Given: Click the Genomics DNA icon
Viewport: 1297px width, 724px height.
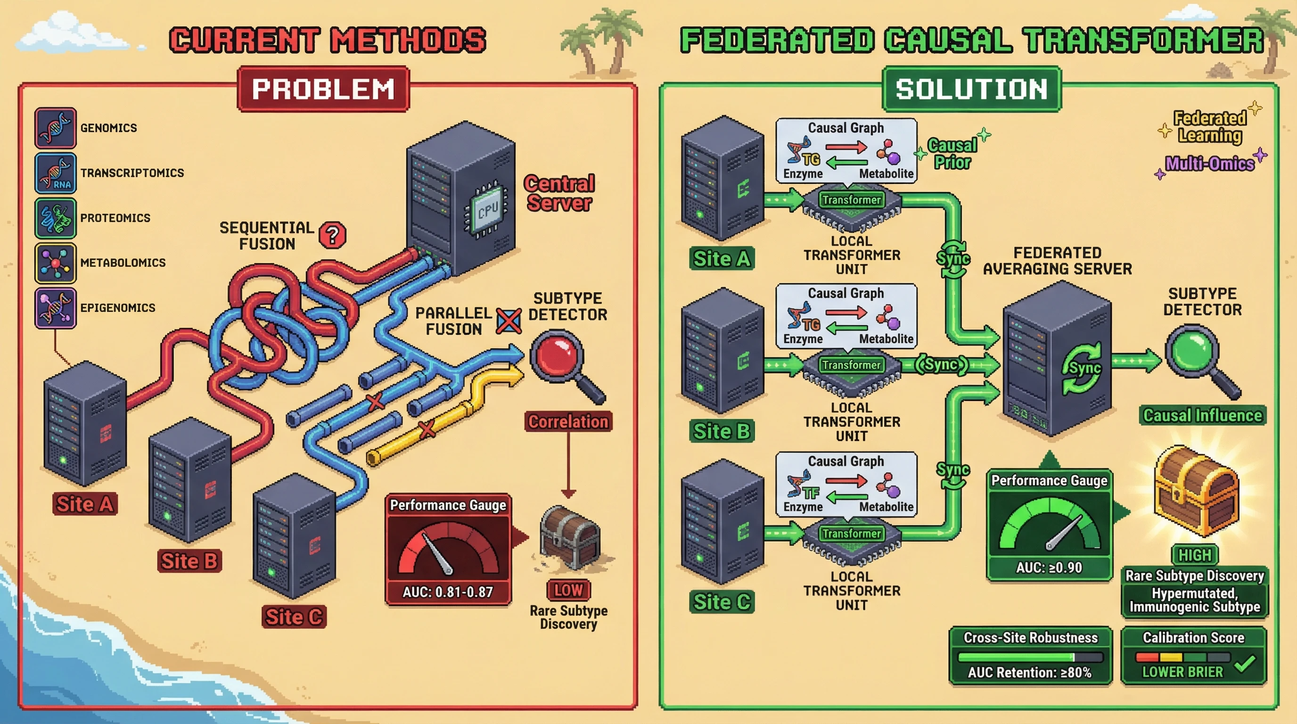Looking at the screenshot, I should (56, 127).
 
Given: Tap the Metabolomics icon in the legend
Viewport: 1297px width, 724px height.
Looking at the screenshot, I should (56, 263).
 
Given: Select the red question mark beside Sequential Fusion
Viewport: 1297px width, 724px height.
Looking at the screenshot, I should (333, 235).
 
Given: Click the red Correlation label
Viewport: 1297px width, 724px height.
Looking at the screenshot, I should (568, 421).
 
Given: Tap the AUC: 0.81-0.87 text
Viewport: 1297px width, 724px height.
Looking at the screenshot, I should (448, 592).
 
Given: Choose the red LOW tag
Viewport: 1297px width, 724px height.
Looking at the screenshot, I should (568, 590).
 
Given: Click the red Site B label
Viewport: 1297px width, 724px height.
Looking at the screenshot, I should (189, 560).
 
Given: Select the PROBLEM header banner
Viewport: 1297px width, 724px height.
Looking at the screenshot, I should (323, 89).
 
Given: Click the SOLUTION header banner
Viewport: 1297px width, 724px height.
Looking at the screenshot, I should (972, 89).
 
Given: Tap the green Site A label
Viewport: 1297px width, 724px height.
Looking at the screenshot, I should (722, 258).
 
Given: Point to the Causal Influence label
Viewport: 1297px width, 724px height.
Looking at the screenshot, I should (1202, 415).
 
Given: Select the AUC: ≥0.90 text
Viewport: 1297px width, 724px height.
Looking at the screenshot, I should (1049, 568).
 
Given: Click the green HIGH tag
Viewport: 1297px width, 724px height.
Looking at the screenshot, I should (1194, 555).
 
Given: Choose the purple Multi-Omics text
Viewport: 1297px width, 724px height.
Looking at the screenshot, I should (1209, 164).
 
